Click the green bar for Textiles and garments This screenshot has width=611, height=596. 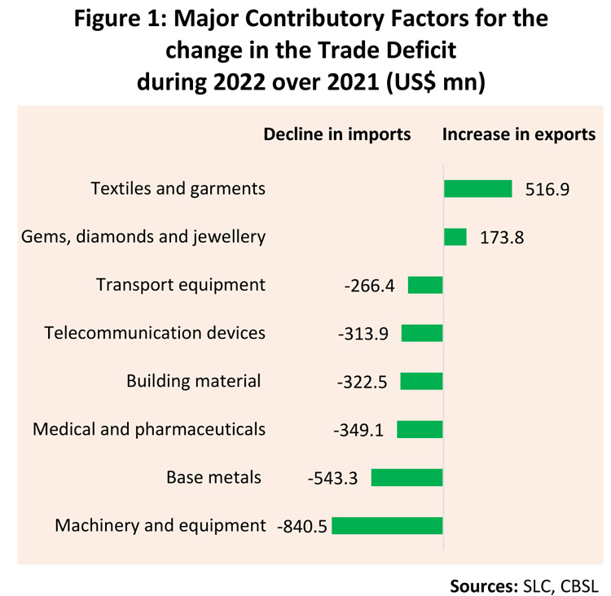click(x=477, y=189)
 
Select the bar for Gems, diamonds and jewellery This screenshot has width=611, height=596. click(x=455, y=237)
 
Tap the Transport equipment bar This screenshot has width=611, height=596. click(x=425, y=285)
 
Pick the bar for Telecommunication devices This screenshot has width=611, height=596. click(x=422, y=333)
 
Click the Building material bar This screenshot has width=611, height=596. click(x=421, y=381)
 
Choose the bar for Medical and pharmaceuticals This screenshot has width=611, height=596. click(x=420, y=429)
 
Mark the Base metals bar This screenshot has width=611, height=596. click(x=407, y=477)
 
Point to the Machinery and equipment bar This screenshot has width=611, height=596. click(x=387, y=525)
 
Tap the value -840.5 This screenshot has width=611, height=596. click(x=302, y=526)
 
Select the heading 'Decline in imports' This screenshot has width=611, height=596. click(x=336, y=134)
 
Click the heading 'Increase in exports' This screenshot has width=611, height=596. click(x=519, y=134)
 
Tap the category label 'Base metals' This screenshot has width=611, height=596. click(x=213, y=477)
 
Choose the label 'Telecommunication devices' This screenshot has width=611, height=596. click(x=155, y=333)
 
